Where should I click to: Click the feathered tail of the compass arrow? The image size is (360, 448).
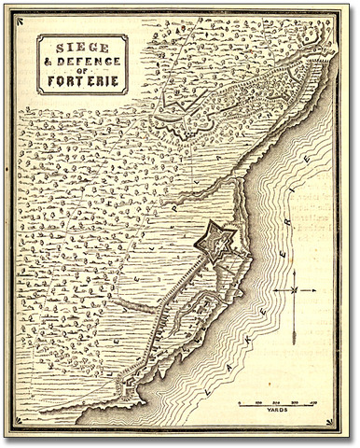(x=294, y=327)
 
